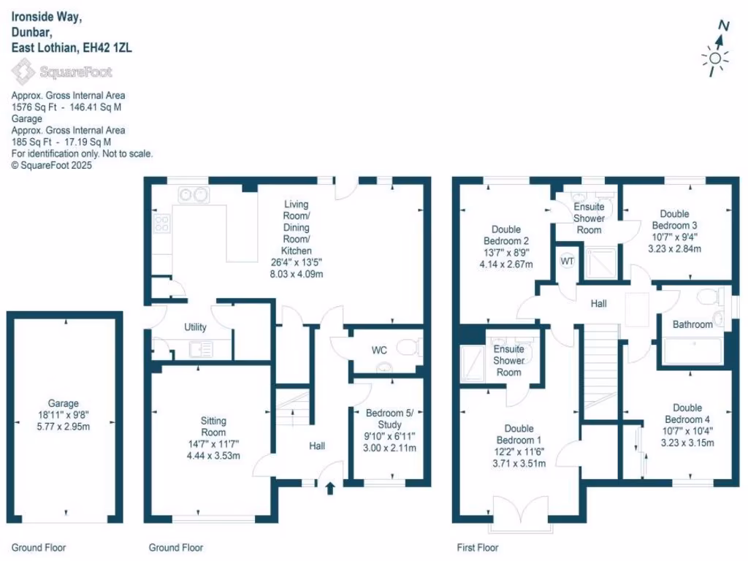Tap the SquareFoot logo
[x=61, y=72]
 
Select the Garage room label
[x=64, y=403]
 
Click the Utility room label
[x=195, y=327]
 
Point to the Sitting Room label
[x=213, y=426]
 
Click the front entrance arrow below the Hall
[x=329, y=487]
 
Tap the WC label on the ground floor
[x=379, y=350]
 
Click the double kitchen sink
[x=194, y=194]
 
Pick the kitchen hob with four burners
[x=161, y=223]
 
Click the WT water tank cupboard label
[x=567, y=261]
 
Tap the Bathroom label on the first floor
[x=692, y=324]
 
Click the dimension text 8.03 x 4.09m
[x=296, y=274]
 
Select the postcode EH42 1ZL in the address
[x=107, y=47]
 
